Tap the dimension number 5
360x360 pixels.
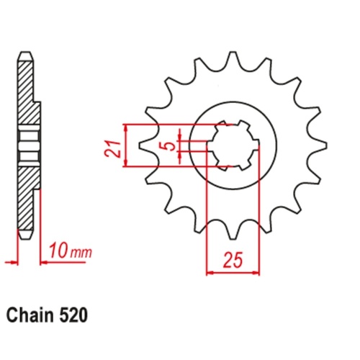click(171, 145)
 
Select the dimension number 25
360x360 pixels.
click(233, 260)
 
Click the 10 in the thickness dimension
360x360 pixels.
click(58, 251)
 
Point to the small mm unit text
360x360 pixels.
click(81, 253)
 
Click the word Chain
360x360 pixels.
click(30, 315)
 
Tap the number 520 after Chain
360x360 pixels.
click(73, 315)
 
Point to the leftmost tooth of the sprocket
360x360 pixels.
click(146, 145)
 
